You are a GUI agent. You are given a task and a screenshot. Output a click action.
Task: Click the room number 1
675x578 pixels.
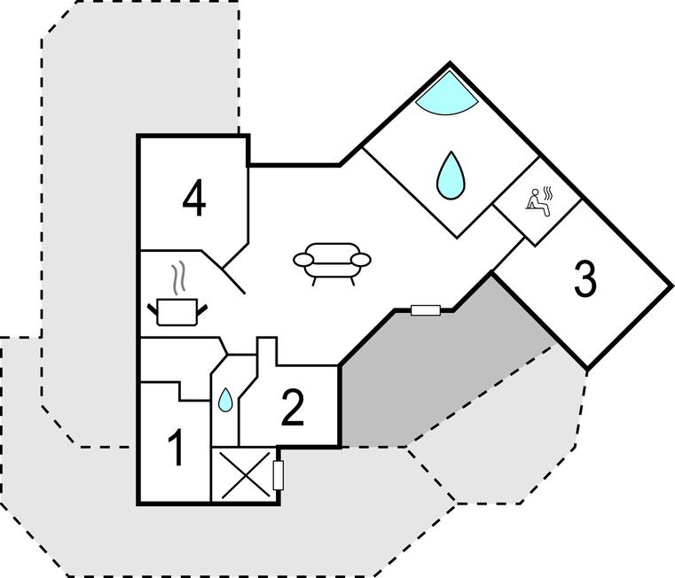pyautogui.click(x=177, y=448)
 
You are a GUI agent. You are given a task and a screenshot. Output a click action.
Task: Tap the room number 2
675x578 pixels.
pyautogui.click(x=293, y=408)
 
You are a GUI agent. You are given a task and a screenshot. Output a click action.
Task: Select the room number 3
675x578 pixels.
pyautogui.click(x=585, y=279)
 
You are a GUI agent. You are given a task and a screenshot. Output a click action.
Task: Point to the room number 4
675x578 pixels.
pyautogui.click(x=194, y=199)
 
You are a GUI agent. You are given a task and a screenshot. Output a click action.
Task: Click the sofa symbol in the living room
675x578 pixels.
pyautogui.click(x=332, y=263)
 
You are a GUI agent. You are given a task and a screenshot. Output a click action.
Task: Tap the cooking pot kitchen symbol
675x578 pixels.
pyautogui.click(x=177, y=311)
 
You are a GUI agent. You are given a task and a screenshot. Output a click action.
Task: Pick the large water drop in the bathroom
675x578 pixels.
pyautogui.click(x=451, y=176)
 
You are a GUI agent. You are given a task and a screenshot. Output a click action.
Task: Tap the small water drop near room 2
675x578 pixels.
pyautogui.click(x=225, y=400)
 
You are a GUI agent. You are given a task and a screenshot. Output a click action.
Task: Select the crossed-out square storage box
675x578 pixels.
pyautogui.click(x=244, y=474)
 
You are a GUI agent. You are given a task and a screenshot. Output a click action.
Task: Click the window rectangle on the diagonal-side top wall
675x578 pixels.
pyautogui.click(x=426, y=310)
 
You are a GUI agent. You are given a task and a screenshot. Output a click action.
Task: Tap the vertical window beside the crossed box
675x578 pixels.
pyautogui.click(x=279, y=475)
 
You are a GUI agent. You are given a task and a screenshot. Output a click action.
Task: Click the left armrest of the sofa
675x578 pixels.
pyautogui.click(x=304, y=260)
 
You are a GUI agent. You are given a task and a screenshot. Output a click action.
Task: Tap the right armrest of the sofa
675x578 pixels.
pyautogui.click(x=360, y=260)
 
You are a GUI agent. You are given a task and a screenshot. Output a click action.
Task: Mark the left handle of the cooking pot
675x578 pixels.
pyautogui.click(x=153, y=309)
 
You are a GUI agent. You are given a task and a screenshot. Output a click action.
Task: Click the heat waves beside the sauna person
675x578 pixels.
pyautogui.click(x=547, y=193)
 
